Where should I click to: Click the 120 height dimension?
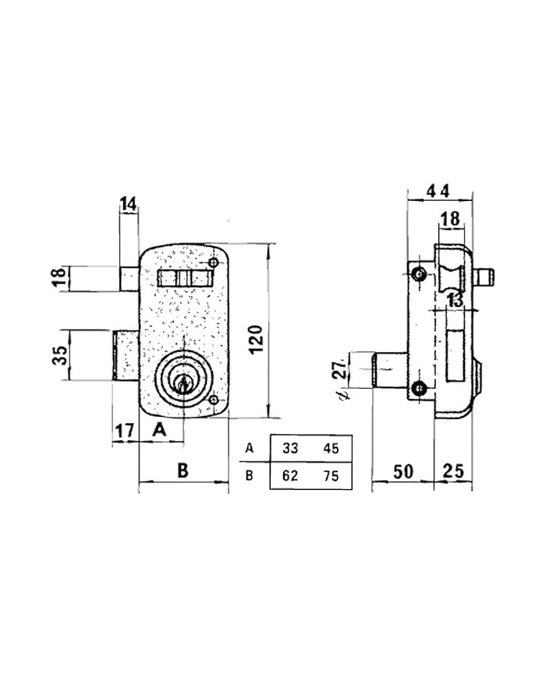pyautogui.click(x=257, y=338)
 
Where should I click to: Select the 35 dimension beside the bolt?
pyautogui.click(x=62, y=355)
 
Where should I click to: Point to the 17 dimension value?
pyautogui.click(x=125, y=431)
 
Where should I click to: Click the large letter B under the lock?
pyautogui.click(x=183, y=470)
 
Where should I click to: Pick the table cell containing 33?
pyautogui.click(x=290, y=449)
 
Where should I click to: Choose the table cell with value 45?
pyautogui.click(x=331, y=449)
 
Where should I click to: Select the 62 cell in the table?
pyautogui.click(x=290, y=476)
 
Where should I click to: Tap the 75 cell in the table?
pyautogui.click(x=331, y=476)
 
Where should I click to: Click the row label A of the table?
pyautogui.click(x=249, y=449)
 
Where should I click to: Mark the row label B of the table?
pyautogui.click(x=249, y=476)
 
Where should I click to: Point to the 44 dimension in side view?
pyautogui.click(x=438, y=191)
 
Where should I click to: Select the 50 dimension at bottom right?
pyautogui.click(x=403, y=472)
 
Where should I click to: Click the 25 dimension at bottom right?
pyautogui.click(x=453, y=471)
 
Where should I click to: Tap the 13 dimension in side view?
pyautogui.click(x=455, y=301)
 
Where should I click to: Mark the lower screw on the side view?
pyautogui.click(x=418, y=389)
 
